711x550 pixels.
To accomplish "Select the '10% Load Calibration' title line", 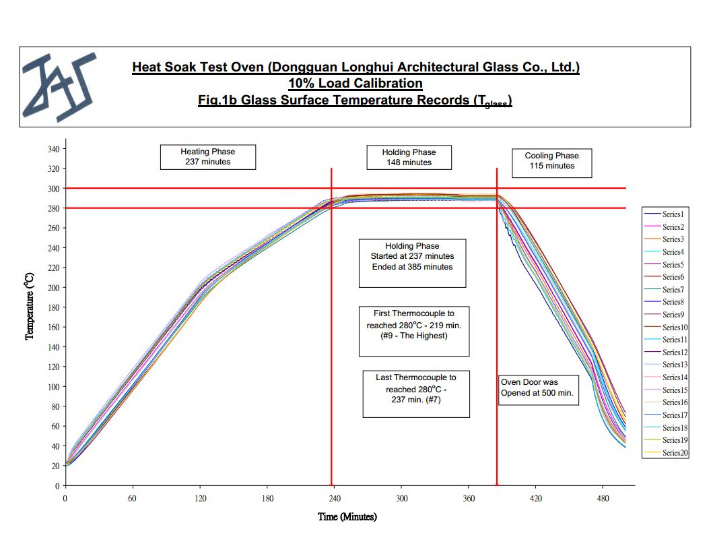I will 355,84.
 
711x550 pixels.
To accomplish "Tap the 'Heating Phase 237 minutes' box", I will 207,156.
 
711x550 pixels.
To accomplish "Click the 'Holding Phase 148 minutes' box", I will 409,157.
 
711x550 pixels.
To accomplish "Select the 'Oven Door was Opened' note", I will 539,388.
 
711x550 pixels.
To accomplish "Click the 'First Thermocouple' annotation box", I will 413,330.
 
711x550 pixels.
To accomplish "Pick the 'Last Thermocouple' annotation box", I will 415,393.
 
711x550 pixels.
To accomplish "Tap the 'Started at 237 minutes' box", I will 412,262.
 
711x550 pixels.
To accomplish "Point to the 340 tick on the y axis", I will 55,149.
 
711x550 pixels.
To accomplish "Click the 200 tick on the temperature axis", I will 55,288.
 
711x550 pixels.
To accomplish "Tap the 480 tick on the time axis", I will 603,499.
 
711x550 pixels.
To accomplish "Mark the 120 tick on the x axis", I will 200,499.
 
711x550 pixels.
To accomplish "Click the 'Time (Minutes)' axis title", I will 347,517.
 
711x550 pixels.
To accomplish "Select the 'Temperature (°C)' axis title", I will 30,307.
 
